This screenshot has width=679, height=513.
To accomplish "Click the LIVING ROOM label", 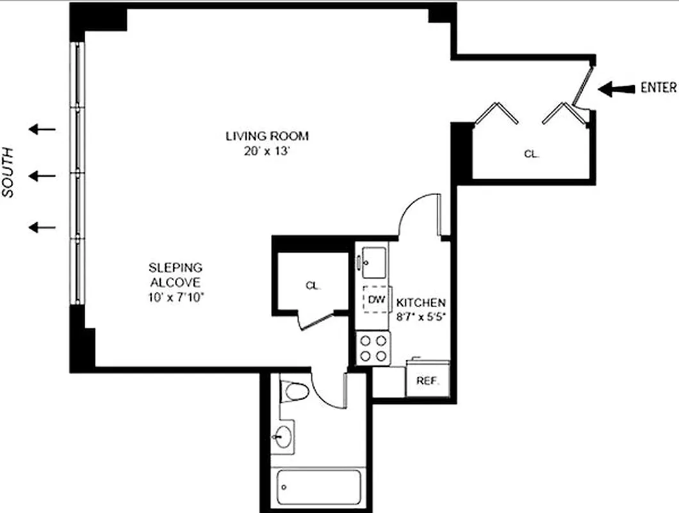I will (266, 136).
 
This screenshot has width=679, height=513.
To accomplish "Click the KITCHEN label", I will (421, 303).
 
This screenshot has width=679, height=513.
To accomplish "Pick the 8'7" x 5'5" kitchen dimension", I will (421, 316).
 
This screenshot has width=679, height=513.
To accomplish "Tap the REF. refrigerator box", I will (427, 380).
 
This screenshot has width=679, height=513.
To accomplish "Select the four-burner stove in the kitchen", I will (373, 348).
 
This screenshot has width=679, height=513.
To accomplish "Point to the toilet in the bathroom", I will (295, 391).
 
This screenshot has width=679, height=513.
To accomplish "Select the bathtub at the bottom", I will (319, 490).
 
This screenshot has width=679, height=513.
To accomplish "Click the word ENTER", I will (658, 88).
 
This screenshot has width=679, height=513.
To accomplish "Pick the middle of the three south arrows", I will (42, 175).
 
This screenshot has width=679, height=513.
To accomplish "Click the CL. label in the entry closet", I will (531, 154).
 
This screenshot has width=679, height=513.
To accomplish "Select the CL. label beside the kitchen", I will (313, 286).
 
